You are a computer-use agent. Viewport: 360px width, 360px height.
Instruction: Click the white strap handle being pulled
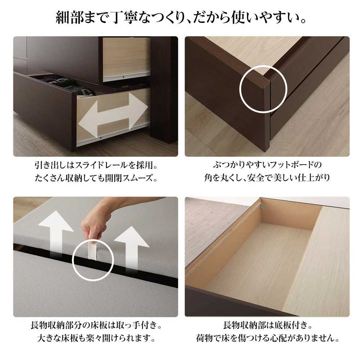pos(93,249)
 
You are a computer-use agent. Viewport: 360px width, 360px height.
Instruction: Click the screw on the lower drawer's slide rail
pos(101,138)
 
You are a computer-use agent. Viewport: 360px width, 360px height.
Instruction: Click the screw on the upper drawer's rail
pos(124,77)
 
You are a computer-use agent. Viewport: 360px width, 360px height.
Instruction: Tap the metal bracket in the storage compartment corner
pos(261,206)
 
